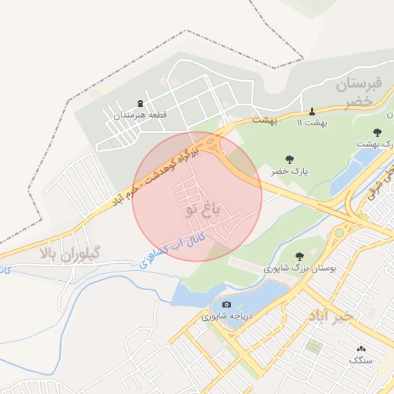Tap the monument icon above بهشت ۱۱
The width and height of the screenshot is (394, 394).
click(x=312, y=111)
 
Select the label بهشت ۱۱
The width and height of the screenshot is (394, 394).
click(x=312, y=122)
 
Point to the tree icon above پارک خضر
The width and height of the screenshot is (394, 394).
click(x=289, y=159)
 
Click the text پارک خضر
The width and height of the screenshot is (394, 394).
click(x=289, y=171)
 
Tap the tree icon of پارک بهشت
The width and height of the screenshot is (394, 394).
click(x=377, y=132)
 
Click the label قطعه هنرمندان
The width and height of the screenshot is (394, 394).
click(x=141, y=115)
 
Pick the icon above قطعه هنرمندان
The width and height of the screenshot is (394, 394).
click(x=140, y=103)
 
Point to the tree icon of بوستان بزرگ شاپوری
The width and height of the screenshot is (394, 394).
click(x=299, y=256)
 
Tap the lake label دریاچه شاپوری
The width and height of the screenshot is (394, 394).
click(x=228, y=316)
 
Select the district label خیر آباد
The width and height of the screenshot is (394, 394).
click(x=331, y=316)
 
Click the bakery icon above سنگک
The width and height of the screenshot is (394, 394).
click(x=360, y=349)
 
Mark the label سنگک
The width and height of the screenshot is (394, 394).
click(x=360, y=360)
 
